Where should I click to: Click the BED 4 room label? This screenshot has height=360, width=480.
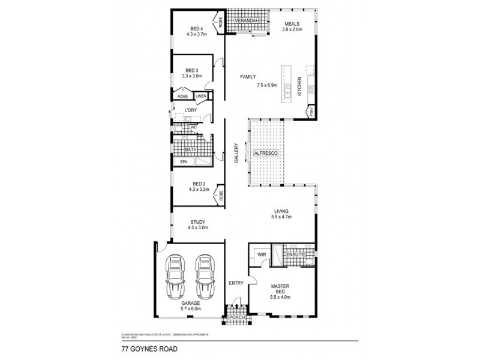[x=197, y=28]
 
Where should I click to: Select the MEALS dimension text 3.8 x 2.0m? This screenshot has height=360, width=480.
[x=292, y=29]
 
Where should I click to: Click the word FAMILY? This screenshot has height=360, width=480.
[x=248, y=77]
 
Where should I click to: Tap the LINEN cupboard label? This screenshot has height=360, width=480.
[x=200, y=96]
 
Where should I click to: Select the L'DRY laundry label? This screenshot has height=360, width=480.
[x=191, y=110]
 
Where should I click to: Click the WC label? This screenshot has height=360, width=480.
[x=193, y=127]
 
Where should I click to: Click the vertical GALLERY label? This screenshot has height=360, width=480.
[x=236, y=154]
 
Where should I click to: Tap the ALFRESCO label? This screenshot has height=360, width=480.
[x=265, y=154]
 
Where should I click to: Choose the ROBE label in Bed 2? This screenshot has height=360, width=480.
[x=221, y=194]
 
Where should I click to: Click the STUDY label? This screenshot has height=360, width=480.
[x=197, y=221]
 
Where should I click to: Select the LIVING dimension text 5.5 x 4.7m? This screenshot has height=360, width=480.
[x=282, y=218]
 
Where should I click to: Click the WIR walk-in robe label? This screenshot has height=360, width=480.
[x=261, y=254]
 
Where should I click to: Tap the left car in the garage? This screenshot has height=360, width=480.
[x=176, y=278]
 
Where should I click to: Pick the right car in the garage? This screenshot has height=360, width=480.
[x=204, y=278]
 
